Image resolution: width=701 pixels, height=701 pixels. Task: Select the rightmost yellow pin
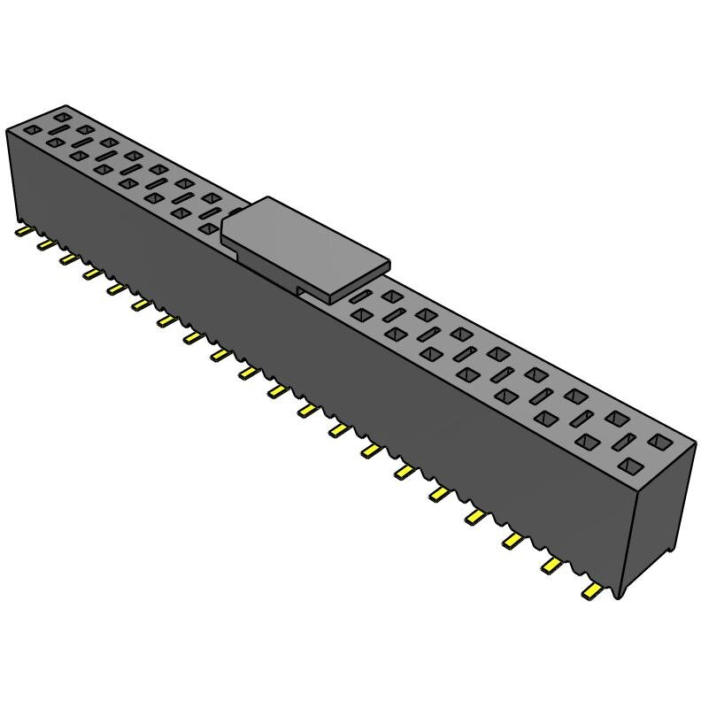click(591, 591)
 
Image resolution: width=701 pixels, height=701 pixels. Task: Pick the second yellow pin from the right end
click(552, 565)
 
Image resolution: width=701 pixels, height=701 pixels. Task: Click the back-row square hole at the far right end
click(660, 440)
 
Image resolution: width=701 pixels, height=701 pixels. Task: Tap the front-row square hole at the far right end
click(631, 465)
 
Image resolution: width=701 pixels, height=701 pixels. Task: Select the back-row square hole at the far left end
click(61, 116)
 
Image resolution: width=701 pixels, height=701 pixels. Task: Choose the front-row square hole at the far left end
click(32, 130)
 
